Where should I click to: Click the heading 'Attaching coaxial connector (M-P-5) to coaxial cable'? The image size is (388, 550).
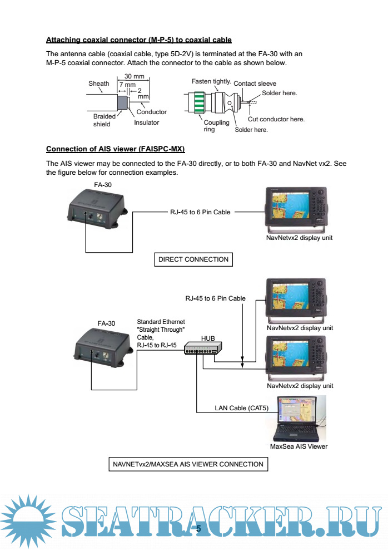pos(138,40)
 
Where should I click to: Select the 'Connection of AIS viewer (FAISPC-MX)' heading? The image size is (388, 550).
pos(115,149)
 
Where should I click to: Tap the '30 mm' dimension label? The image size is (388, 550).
pos(135,76)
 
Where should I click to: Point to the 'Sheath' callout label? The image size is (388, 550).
pos(99,84)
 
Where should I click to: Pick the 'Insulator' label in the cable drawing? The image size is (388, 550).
pos(146,122)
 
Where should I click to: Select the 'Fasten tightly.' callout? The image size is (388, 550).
pos(211,81)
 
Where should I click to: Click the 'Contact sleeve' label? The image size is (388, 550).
pos(255,84)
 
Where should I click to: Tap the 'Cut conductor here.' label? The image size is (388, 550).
pos(276,119)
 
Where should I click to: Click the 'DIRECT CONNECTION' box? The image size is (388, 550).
pos(193,259)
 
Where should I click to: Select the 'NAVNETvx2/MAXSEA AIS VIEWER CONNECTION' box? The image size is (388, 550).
pos(187,464)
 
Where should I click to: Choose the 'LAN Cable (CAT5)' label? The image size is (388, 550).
pos(242,408)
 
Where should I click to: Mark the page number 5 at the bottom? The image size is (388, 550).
pos(197,528)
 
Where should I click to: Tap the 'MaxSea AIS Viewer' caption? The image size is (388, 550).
pos(299,446)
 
